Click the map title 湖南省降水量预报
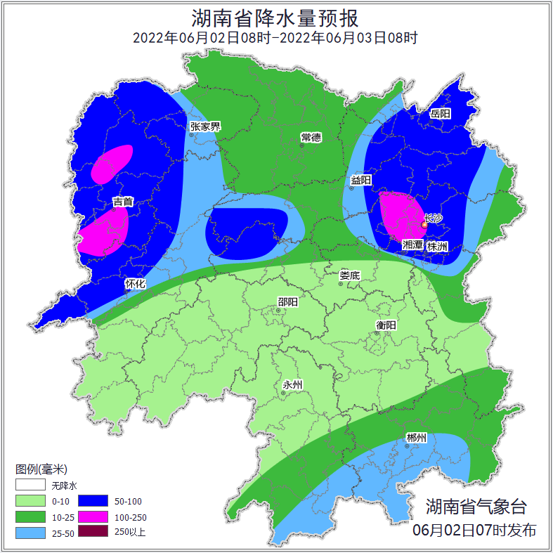click(275, 17)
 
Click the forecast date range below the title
click(275, 38)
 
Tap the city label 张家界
click(205, 126)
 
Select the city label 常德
click(311, 136)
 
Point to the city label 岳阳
click(440, 113)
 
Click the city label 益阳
click(361, 181)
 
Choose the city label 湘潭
click(412, 246)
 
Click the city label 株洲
click(437, 246)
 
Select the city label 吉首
click(123, 202)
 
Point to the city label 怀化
click(135, 284)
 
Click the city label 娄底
click(349, 275)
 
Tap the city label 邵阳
click(287, 302)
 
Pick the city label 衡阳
click(386, 325)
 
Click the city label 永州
click(292, 384)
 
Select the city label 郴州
click(416, 438)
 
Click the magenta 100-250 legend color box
click(93, 516)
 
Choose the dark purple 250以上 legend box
click(93, 532)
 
